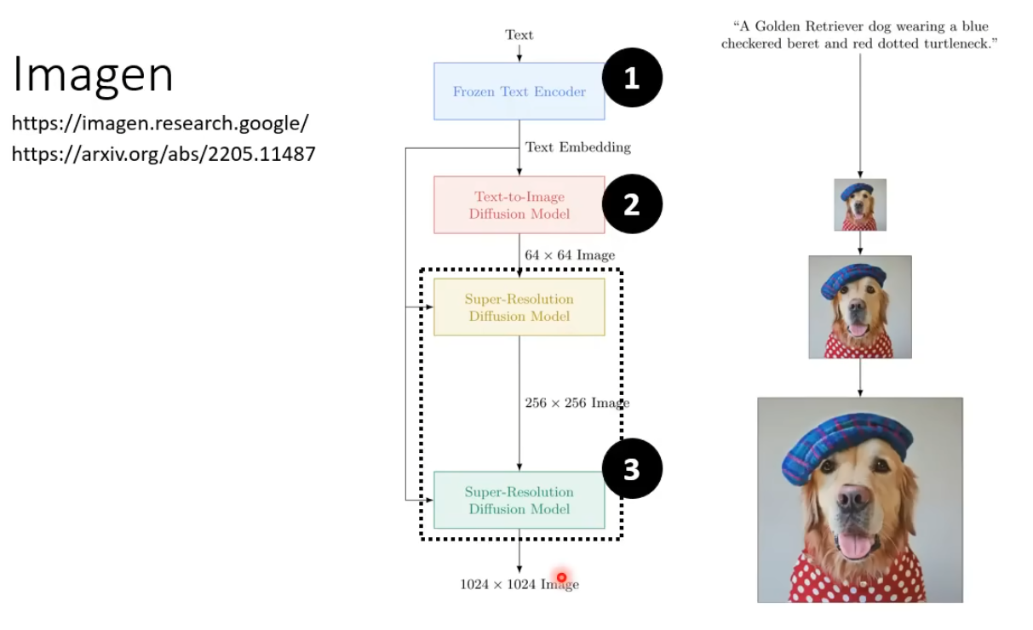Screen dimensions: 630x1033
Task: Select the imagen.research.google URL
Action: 159,124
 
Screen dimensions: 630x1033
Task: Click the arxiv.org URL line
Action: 163,155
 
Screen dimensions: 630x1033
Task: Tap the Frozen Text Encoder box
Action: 519,91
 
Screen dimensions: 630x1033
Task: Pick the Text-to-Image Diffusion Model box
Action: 519,205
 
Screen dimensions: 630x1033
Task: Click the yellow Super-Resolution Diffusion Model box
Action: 519,307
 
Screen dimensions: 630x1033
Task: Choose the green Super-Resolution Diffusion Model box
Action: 519,500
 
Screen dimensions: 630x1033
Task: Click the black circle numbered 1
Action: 632,78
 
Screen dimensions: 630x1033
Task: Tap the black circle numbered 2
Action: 632,204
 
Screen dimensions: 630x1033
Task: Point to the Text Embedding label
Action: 578,147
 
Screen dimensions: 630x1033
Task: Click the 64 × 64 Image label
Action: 570,255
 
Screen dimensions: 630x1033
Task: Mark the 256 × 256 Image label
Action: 577,403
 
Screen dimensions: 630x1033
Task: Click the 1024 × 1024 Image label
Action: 519,585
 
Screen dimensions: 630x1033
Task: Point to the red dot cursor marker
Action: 561,578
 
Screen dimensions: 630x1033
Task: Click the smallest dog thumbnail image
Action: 860,205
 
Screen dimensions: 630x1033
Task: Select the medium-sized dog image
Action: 860,307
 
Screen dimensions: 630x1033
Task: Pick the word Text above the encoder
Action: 519,35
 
